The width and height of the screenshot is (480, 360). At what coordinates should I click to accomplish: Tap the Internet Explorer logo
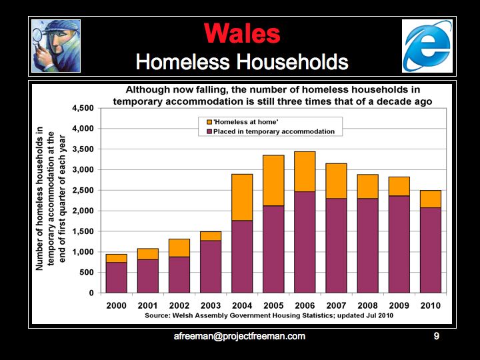click(427, 45)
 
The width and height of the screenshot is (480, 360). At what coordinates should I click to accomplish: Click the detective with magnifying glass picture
click(56, 45)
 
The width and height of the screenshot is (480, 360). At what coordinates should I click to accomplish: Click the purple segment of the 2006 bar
click(305, 242)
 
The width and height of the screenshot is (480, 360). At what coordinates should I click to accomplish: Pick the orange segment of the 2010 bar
click(430, 199)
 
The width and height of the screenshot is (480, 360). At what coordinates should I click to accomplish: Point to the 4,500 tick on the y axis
click(83, 108)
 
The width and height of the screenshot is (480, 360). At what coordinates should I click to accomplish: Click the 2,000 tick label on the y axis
click(83, 211)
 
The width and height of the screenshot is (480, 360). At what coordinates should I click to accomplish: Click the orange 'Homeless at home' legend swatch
click(209, 123)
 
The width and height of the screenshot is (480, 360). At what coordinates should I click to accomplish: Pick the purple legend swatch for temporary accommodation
click(209, 131)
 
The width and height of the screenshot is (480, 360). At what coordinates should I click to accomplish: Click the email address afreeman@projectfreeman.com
click(239, 337)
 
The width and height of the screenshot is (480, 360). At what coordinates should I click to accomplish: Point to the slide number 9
click(437, 337)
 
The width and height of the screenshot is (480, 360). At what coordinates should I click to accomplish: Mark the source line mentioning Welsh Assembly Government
click(263, 315)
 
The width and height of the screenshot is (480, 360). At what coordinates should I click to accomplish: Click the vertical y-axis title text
click(51, 200)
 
